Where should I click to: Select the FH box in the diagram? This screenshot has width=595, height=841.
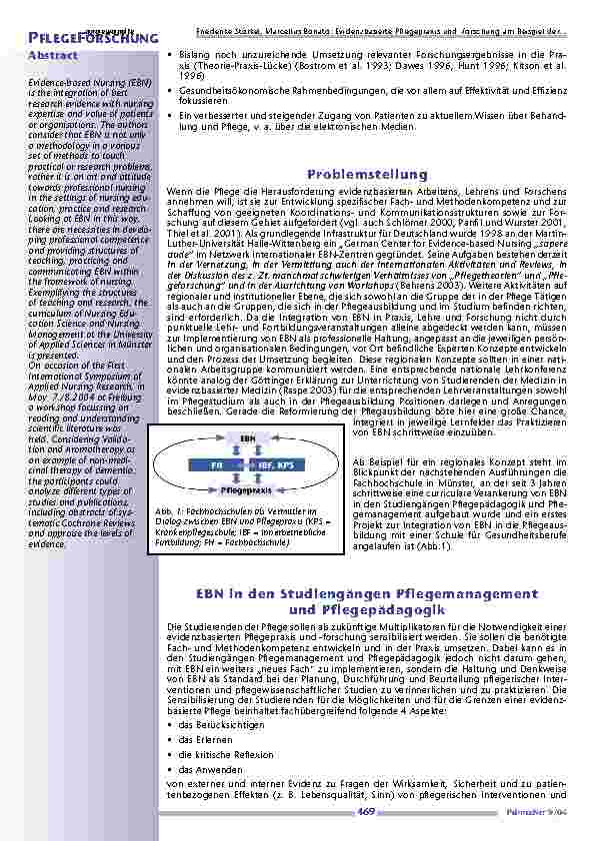coord(217,465)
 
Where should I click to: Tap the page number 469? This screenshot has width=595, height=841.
coord(366,815)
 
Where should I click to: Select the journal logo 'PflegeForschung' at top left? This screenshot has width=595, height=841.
coord(90,38)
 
